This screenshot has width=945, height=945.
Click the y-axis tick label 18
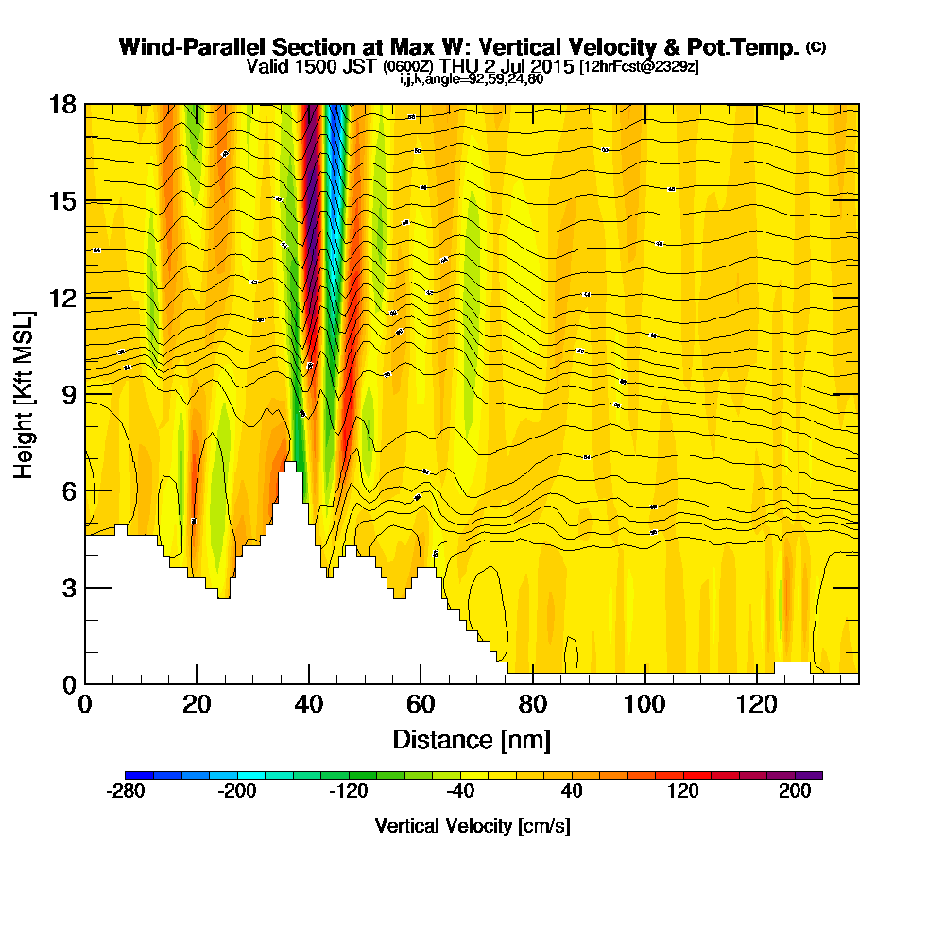pyautogui.click(x=62, y=105)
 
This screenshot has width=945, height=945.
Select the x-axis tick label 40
pyautogui.click(x=309, y=704)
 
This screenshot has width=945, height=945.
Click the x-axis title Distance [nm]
pyautogui.click(x=472, y=738)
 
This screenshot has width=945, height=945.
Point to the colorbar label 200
pyautogui.click(x=795, y=792)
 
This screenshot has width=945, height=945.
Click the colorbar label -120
pyautogui.click(x=348, y=792)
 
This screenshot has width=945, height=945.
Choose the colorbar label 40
pyautogui.click(x=572, y=792)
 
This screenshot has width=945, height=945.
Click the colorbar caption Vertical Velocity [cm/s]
pyautogui.click(x=472, y=826)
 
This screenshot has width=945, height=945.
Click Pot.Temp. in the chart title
pyautogui.click(x=751, y=47)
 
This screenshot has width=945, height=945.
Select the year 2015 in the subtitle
pyautogui.click(x=550, y=66)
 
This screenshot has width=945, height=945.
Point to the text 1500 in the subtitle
pyautogui.click(x=308, y=66)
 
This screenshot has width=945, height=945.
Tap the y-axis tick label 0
pyautogui.click(x=69, y=684)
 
